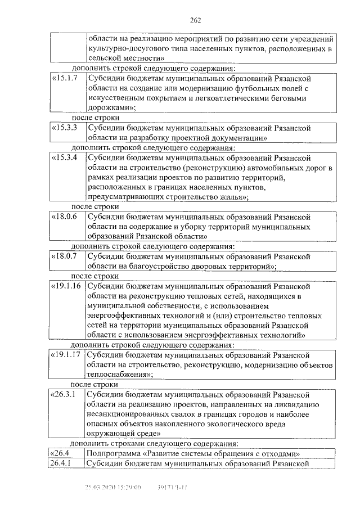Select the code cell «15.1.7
65,78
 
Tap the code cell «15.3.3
65,128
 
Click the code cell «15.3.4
65,157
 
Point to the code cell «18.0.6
65,217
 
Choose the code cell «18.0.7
65,256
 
